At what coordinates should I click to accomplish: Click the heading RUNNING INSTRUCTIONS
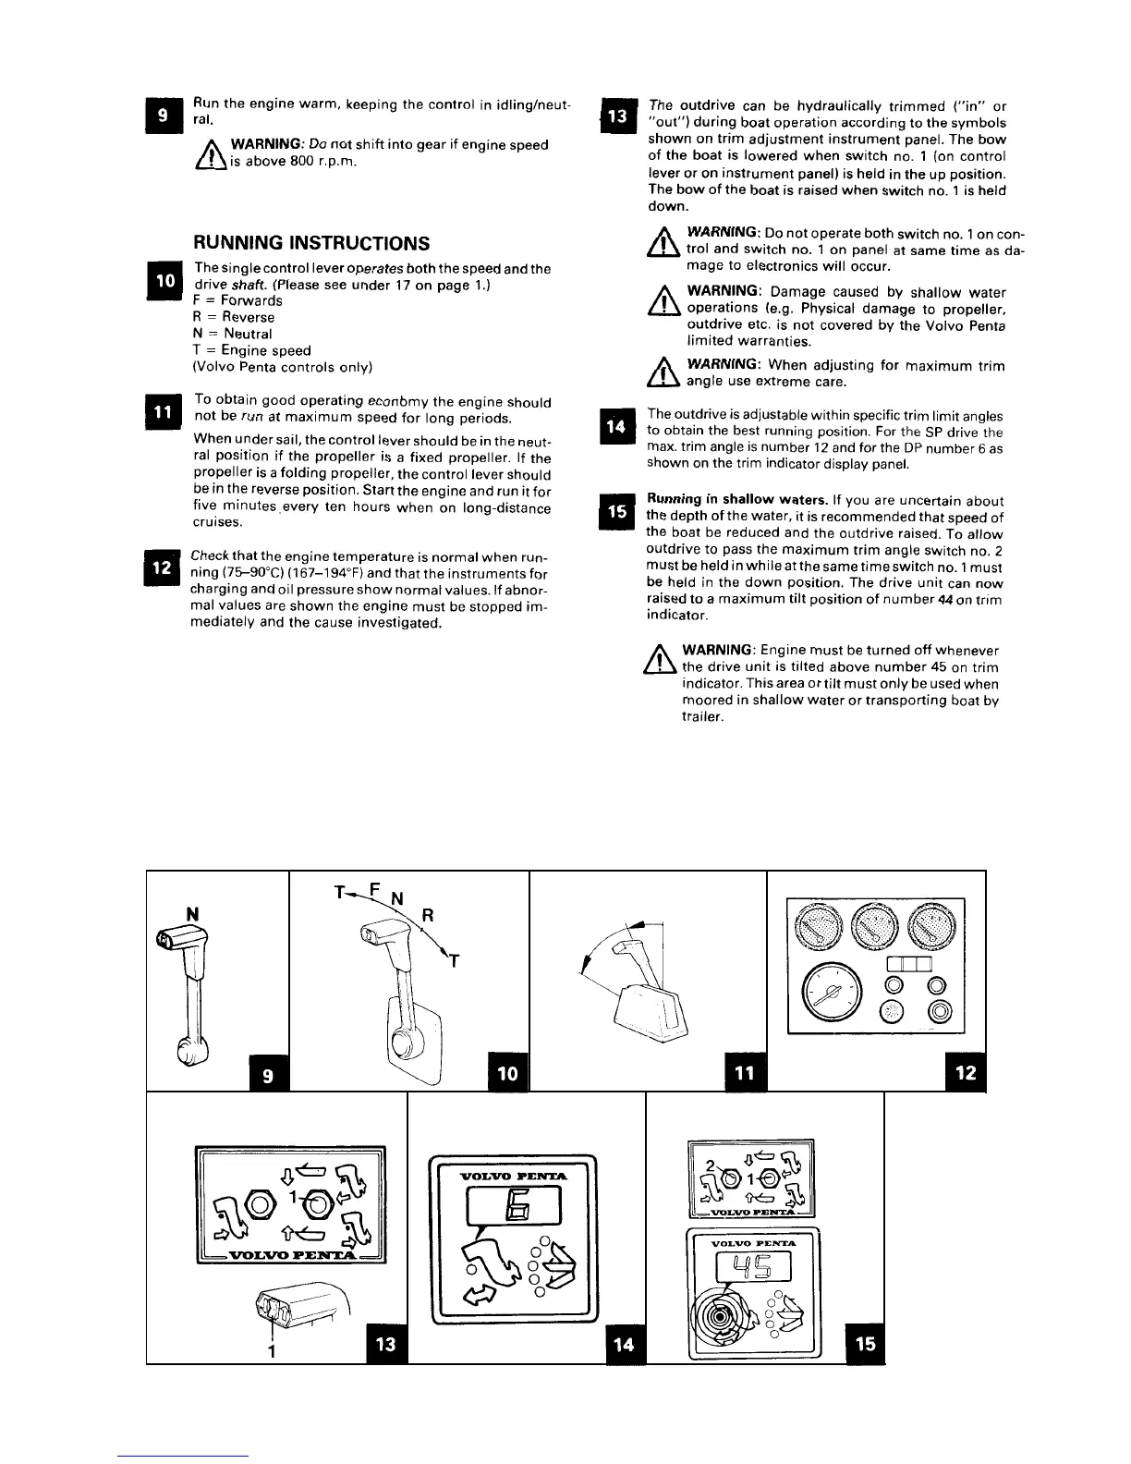(x=310, y=243)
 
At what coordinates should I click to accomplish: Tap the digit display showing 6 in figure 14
(x=512, y=1202)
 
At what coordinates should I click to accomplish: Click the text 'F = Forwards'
(x=237, y=300)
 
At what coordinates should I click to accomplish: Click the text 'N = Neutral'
(x=232, y=334)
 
